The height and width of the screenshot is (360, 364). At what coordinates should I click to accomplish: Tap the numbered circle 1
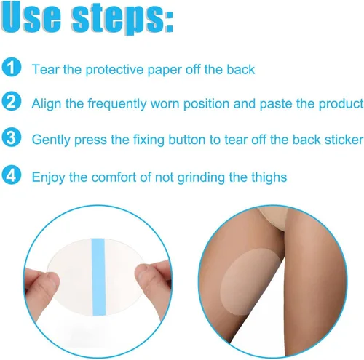pos(12,67)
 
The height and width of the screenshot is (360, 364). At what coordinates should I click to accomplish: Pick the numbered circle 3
pos(12,137)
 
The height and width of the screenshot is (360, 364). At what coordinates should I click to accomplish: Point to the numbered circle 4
pos(12,175)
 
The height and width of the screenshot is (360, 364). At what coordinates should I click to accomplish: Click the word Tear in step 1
pos(46,69)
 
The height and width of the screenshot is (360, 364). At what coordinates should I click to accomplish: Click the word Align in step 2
pos(46,104)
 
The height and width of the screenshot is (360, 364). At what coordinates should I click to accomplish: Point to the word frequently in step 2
pos(117,104)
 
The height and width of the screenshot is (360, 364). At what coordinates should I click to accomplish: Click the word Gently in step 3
pos(51,140)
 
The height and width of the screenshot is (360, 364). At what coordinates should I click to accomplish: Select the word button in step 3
pos(187,140)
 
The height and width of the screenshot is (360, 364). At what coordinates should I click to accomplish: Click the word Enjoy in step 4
pos(49,177)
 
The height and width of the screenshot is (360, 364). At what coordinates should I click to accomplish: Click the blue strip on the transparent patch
pos(99,276)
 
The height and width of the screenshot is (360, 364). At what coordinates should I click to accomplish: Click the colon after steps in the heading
pos(169,21)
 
